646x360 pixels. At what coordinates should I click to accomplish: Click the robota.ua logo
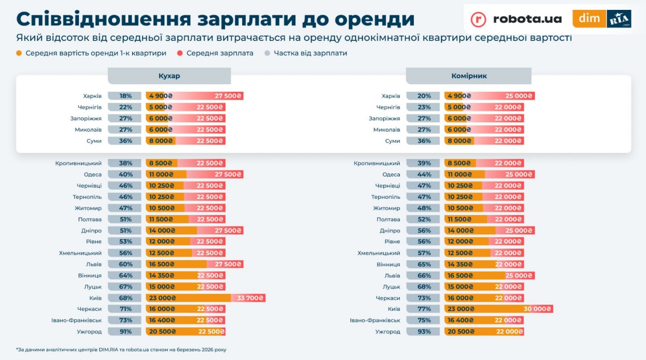[516, 19]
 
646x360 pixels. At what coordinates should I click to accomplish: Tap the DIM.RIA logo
[602, 19]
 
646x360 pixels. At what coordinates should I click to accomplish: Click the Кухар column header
[169, 76]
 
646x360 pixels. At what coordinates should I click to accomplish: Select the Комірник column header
[468, 76]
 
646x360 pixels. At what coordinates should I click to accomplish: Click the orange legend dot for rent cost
[19, 53]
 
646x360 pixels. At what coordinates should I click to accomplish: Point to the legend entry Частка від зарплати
[310, 53]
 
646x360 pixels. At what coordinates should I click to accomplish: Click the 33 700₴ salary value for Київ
[251, 298]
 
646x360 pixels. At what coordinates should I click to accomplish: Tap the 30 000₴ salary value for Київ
[538, 309]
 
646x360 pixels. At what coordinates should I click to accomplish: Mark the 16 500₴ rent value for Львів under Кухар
[161, 264]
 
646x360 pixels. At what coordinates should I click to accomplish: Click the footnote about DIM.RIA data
[121, 350]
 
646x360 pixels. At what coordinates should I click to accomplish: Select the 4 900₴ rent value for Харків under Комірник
[459, 96]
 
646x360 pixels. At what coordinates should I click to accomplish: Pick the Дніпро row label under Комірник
[390, 230]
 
